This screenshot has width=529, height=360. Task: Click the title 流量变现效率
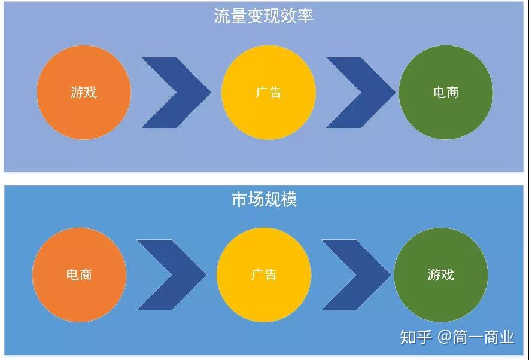click(264, 16)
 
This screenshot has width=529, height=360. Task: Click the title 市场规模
click(264, 199)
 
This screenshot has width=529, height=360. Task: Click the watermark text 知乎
click(416, 337)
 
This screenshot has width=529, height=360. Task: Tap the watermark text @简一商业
click(476, 337)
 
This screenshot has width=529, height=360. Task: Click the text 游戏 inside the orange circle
click(84, 93)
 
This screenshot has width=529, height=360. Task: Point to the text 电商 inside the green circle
click(446, 93)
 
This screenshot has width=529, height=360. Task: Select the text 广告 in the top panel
click(268, 93)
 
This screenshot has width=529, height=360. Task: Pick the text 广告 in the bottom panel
click(264, 275)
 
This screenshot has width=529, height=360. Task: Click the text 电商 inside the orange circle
click(79, 275)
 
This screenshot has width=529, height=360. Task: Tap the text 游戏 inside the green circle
click(441, 275)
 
